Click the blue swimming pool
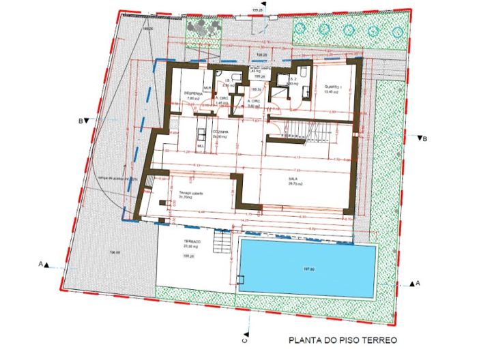pyautogui.click(x=308, y=268)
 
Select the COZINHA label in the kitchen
pyautogui.click(x=219, y=132)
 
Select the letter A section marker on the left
pyautogui.click(x=41, y=263)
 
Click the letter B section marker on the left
pyautogui.click(x=81, y=121)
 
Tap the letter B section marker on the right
pyautogui.click(x=424, y=140)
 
